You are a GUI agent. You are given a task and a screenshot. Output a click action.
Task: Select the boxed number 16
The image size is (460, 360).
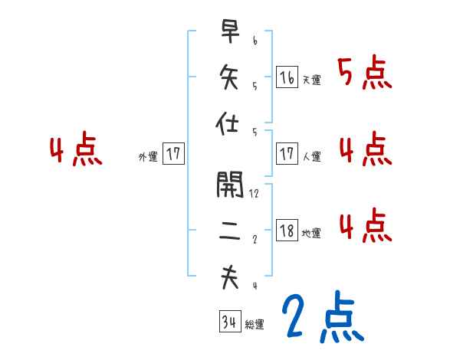pos(287,77)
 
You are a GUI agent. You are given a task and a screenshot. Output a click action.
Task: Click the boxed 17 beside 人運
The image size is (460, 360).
pos(287,154)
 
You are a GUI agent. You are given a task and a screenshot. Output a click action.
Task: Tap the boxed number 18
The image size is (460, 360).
pos(287,231)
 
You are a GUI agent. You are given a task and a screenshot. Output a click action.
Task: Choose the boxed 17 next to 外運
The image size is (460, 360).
pos(173,154)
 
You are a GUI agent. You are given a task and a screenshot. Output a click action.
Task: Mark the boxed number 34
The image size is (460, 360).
pos(229,322)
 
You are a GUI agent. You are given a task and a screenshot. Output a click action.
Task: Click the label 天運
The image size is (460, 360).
pos(311,80)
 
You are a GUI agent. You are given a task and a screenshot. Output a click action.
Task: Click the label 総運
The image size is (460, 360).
pos(255,325)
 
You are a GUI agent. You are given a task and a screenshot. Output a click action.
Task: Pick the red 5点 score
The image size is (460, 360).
pos(365,74)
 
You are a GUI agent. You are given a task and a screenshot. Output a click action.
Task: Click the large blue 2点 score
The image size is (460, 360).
pos(323,317)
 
